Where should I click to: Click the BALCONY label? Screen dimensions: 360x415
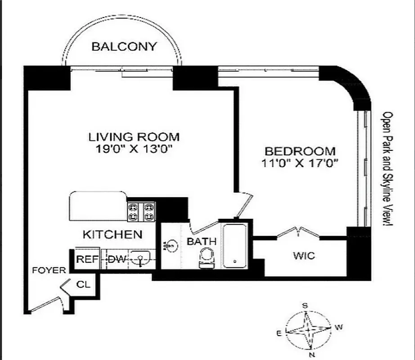pyautogui.click(x=124, y=46)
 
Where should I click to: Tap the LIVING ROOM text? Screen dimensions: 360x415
pyautogui.click(x=134, y=137)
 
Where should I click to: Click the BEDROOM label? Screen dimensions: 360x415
pyautogui.click(x=299, y=151)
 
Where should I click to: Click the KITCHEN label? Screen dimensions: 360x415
pyautogui.click(x=113, y=234)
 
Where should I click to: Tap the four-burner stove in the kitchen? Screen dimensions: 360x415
pyautogui.click(x=141, y=211)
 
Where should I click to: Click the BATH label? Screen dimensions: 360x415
pyautogui.click(x=202, y=242)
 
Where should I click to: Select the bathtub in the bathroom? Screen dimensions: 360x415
pyautogui.click(x=235, y=245)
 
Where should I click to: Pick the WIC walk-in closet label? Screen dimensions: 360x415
pyautogui.click(x=304, y=256)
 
